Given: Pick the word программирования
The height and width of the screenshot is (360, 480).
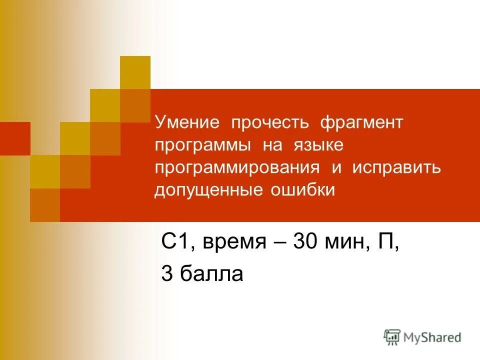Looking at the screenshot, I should click(237, 168).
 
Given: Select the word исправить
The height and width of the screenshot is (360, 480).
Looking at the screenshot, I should click(396, 168).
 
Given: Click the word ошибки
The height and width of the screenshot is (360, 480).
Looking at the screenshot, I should click(303, 190).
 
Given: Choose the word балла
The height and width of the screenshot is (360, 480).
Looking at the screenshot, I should click(212, 274).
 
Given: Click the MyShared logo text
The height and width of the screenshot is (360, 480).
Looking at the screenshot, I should click(433, 337).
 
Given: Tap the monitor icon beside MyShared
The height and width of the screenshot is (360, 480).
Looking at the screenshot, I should click(392, 337).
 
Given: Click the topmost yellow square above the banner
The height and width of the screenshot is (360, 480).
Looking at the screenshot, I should click(135, 72).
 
